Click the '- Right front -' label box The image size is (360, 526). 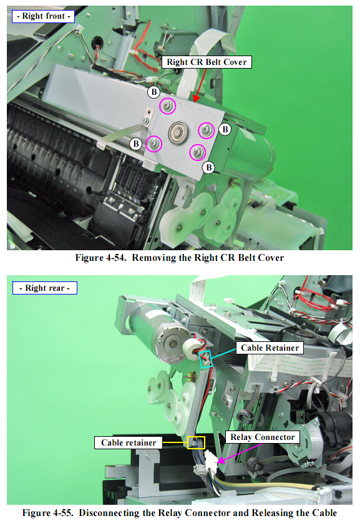tap(43, 16)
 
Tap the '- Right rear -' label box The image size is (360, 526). tap(45, 288)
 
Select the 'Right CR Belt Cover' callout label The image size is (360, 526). tap(207, 62)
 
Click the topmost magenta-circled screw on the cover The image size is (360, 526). tap(167, 106)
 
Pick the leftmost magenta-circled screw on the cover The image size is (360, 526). tap(154, 144)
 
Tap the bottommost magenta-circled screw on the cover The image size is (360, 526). tap(198, 153)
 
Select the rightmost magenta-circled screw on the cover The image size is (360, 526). tap(206, 130)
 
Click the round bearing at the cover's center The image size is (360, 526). tap(178, 132)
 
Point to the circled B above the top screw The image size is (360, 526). tap(153, 92)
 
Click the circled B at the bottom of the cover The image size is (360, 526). tap(208, 167)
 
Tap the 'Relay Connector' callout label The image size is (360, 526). tap(263, 437)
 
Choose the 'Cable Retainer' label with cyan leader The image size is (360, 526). tap(270, 348)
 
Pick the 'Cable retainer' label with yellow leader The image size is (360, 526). tap(129, 443)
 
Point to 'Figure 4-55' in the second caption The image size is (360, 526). tap(47, 513)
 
